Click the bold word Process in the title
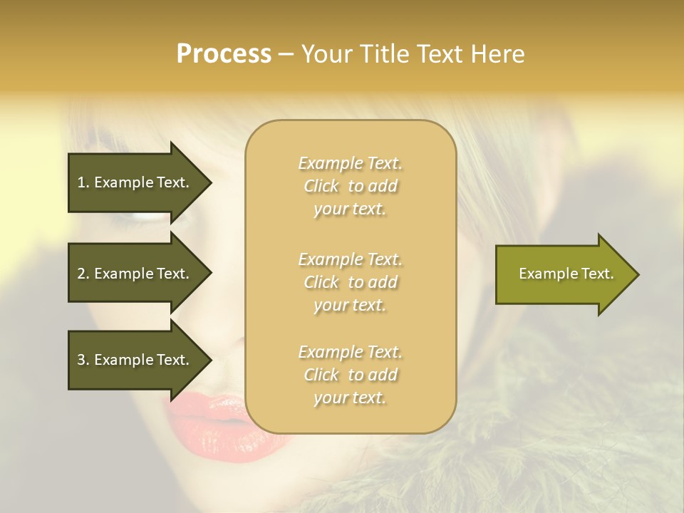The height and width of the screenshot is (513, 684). click(x=224, y=54)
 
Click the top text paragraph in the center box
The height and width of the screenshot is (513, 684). click(x=350, y=186)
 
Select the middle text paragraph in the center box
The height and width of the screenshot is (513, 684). click(x=350, y=282)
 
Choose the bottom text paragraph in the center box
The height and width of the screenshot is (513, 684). click(x=350, y=375)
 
